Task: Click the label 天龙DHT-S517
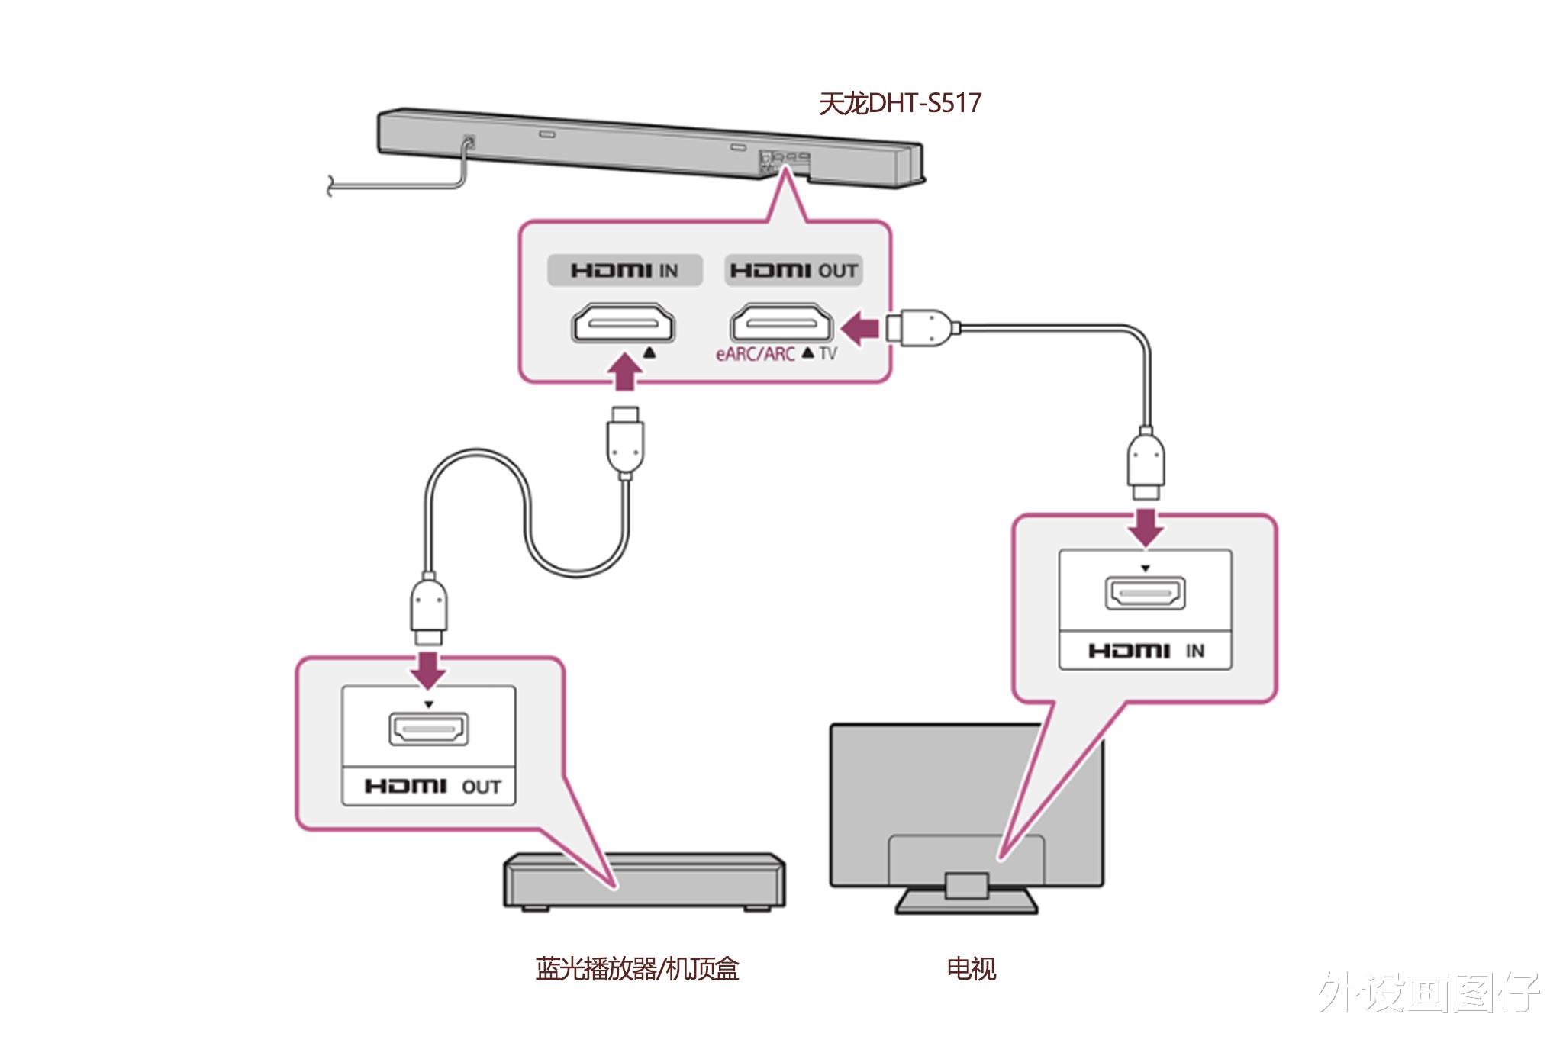click(x=900, y=103)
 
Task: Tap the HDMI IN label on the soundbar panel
click(x=624, y=270)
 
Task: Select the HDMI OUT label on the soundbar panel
click(x=794, y=270)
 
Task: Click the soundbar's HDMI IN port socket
click(x=624, y=323)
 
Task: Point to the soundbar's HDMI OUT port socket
click(x=781, y=323)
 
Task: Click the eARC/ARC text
click(x=755, y=354)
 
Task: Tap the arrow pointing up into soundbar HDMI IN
click(x=625, y=372)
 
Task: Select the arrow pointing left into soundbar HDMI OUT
click(x=860, y=328)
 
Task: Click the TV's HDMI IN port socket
click(x=1145, y=593)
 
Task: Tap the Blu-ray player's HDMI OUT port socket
click(x=429, y=729)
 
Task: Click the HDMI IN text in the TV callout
click(x=1146, y=651)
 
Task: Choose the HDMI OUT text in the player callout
click(x=432, y=787)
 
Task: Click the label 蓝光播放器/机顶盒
click(x=637, y=969)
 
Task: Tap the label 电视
click(x=971, y=969)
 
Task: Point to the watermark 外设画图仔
click(x=1429, y=992)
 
